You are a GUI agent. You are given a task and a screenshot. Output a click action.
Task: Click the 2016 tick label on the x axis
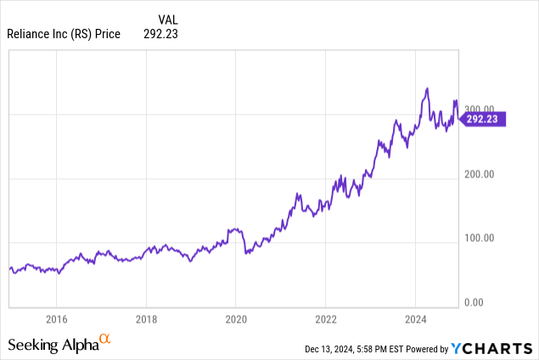click(x=56, y=320)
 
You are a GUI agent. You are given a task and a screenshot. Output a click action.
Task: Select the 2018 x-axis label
click(x=146, y=320)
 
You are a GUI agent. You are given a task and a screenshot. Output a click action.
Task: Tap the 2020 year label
click(x=236, y=320)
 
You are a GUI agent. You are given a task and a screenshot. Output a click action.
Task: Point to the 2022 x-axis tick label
click(x=325, y=320)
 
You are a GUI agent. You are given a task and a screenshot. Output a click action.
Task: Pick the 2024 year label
click(x=415, y=320)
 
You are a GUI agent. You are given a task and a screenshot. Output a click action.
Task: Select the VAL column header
click(x=168, y=19)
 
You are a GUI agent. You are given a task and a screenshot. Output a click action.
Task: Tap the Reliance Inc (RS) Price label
click(x=65, y=34)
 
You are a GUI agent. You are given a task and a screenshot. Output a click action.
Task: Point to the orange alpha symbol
click(x=105, y=340)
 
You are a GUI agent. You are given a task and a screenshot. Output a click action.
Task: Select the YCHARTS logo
click(x=492, y=347)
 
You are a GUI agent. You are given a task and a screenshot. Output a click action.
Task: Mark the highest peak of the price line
click(x=427, y=88)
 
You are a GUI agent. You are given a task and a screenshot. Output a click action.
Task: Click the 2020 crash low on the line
click(x=246, y=254)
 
